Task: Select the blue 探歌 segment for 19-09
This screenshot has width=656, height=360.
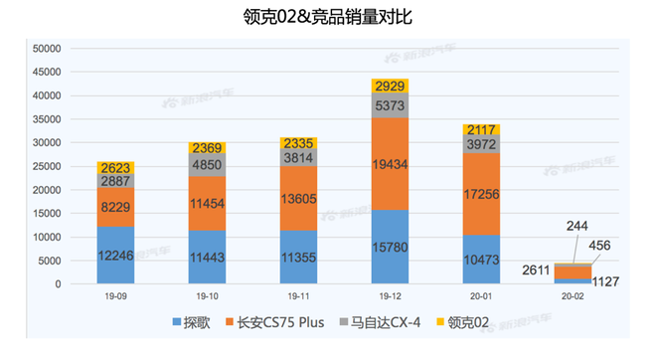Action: [x=116, y=255]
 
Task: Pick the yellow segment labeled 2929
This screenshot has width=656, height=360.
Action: [x=391, y=86]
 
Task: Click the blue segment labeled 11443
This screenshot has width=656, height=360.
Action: [x=208, y=257]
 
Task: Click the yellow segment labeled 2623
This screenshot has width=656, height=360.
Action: [x=116, y=167]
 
